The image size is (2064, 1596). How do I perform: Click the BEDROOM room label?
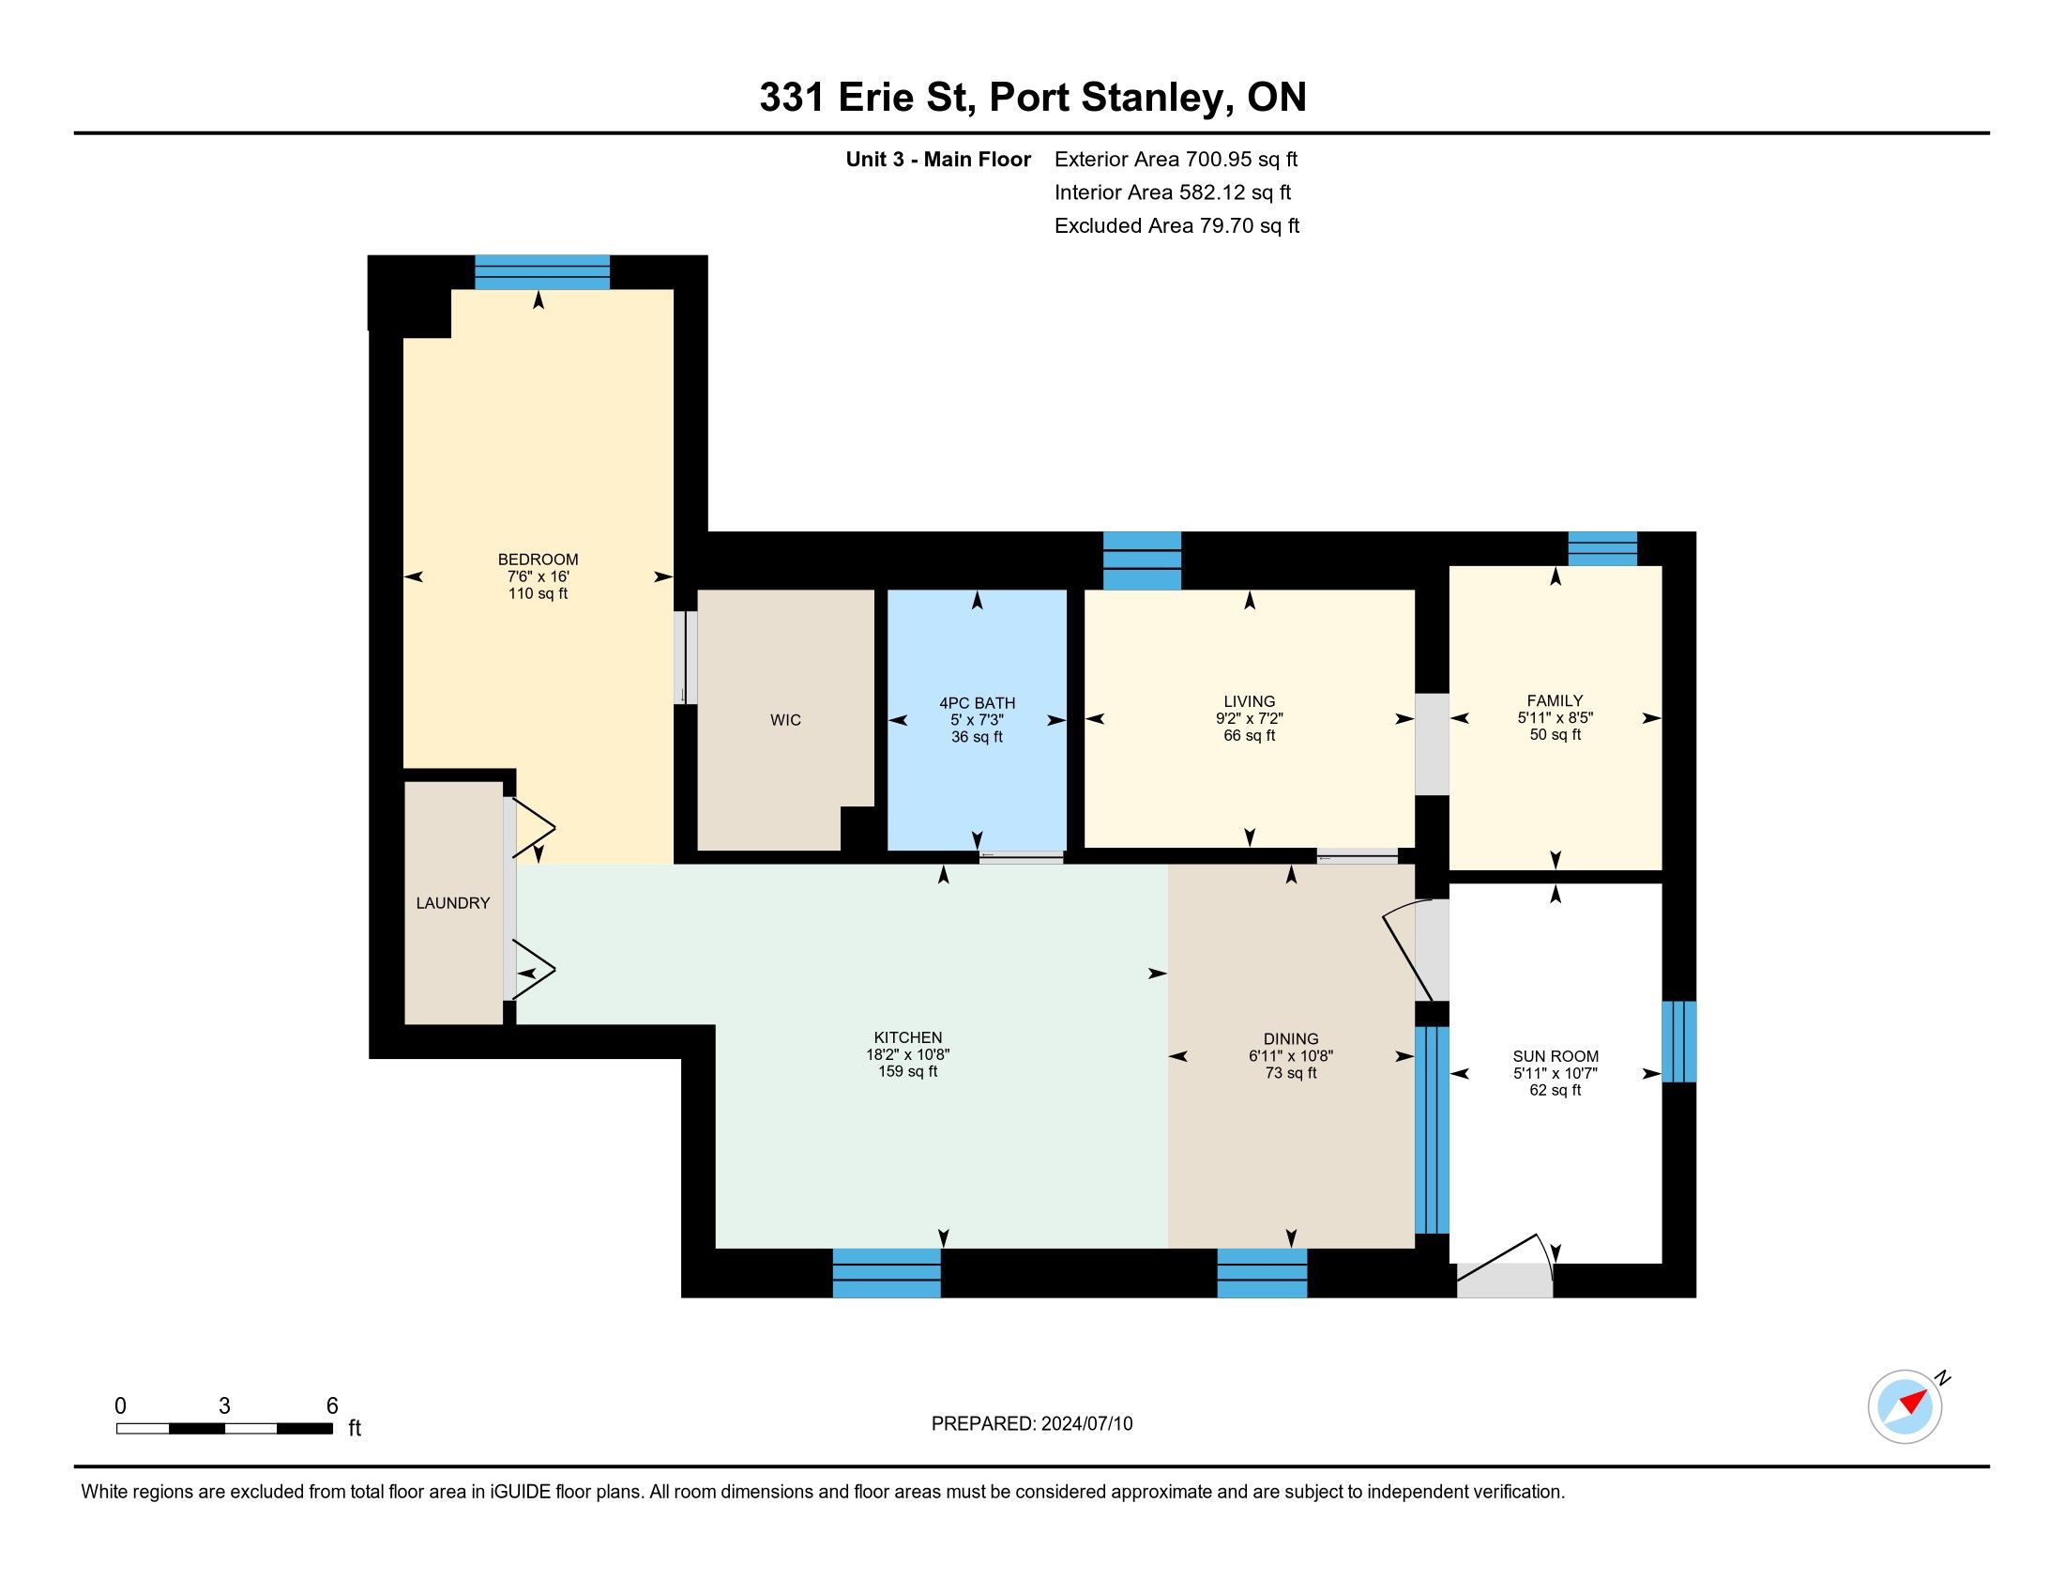click(538, 559)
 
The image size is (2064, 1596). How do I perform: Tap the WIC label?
click(785, 719)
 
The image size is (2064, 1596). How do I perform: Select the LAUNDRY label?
click(453, 903)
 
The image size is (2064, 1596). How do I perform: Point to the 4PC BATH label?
click(978, 702)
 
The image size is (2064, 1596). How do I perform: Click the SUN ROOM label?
click(1556, 1056)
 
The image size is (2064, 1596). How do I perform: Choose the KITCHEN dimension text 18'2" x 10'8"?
click(908, 1054)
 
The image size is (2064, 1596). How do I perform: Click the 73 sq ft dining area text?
click(1291, 1073)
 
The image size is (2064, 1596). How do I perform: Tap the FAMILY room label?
click(1555, 700)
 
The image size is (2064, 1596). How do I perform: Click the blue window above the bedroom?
click(541, 272)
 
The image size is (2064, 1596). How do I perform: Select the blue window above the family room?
click(1602, 549)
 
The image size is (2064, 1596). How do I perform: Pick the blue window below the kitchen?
click(887, 1273)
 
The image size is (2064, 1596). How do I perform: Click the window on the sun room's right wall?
click(1679, 1041)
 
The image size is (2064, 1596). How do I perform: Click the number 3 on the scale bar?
click(224, 1406)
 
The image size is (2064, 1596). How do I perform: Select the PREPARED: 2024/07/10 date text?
click(1032, 1424)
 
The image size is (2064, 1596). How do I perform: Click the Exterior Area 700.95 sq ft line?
click(1176, 159)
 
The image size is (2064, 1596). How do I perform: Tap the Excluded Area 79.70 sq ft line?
click(1177, 225)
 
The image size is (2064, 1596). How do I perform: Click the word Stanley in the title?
click(1153, 99)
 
